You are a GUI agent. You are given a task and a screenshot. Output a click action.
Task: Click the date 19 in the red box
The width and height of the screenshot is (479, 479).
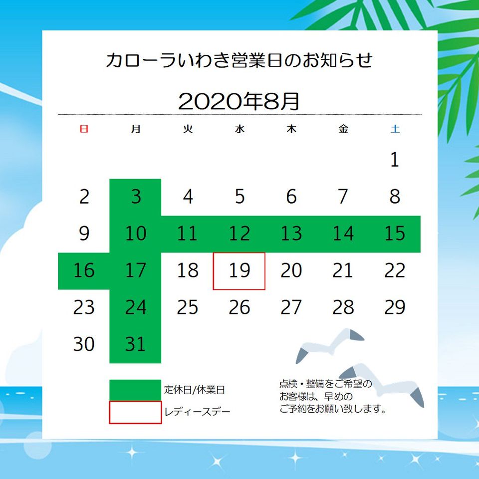click(239, 270)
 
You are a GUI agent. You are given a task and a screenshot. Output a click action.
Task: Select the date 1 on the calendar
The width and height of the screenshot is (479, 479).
click(395, 160)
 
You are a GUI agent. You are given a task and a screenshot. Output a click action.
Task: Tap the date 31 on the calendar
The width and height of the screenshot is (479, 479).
click(135, 344)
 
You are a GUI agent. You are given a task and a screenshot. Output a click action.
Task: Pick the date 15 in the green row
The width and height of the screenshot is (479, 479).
click(395, 234)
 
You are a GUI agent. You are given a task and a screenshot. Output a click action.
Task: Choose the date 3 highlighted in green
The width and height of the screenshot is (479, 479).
click(136, 197)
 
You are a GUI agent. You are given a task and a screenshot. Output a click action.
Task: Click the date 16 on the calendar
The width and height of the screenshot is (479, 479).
click(84, 270)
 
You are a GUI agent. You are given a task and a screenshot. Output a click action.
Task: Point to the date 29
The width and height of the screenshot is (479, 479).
click(395, 307)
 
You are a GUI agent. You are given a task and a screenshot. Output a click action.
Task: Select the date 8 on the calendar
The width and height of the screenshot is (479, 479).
click(395, 197)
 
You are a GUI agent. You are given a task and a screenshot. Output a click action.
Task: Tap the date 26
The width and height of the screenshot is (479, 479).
click(239, 307)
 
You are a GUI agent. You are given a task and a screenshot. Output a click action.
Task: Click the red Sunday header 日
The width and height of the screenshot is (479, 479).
click(84, 129)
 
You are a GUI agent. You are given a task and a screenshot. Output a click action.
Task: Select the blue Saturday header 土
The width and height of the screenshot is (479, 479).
click(395, 129)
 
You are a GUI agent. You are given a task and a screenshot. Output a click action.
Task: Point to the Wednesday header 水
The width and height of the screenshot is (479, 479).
click(240, 129)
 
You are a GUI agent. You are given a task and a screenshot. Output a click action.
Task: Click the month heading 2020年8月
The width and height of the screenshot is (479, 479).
click(239, 101)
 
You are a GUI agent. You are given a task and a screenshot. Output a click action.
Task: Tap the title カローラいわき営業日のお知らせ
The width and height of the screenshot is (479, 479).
click(239, 60)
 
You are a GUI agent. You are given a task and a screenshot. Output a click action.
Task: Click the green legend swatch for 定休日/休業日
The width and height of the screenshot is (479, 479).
click(135, 390)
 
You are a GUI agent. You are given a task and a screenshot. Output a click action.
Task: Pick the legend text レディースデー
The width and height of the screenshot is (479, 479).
click(197, 412)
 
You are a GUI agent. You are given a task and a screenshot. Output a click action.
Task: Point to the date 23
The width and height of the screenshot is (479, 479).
click(84, 307)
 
